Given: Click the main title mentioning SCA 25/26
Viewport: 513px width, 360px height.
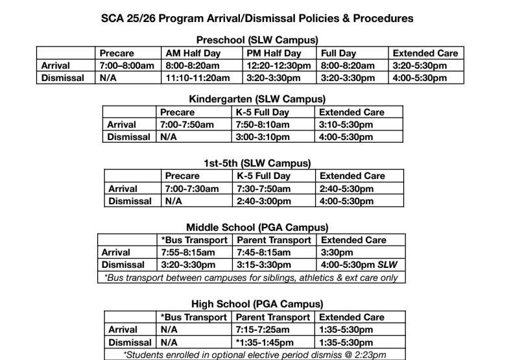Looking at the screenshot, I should coord(257,18).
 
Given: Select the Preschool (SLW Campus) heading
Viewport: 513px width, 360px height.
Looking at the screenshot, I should coord(257,40).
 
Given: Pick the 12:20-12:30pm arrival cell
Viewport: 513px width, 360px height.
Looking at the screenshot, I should coord(280,66).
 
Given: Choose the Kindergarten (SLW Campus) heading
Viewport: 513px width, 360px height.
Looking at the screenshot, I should coord(257,99).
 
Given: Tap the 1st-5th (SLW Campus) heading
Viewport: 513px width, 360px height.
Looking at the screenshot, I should coord(257,163).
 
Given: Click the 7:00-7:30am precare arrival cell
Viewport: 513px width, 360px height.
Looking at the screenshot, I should coord(192,189).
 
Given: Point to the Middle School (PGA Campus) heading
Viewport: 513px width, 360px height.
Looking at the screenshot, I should coord(257,227).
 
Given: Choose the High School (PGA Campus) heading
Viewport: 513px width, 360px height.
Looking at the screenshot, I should coord(257,304).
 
